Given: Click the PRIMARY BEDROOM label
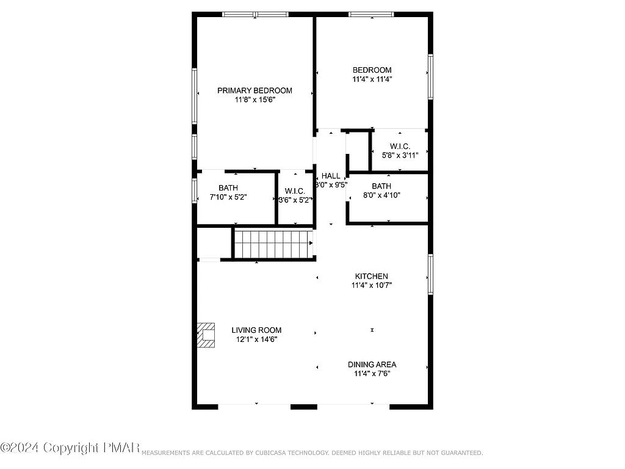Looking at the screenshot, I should coord(255,90).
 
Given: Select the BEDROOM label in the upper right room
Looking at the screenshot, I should coord(372,70).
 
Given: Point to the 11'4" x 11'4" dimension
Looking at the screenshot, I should coord(372,79).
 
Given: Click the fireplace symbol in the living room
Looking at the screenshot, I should coord(207,335).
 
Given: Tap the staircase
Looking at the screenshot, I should coord(273,244).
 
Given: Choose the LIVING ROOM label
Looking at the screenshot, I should coord(256,330).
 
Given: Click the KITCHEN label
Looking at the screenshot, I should coord(372,276).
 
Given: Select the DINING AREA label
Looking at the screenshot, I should coord(372,365).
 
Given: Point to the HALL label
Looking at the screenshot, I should coord(331,176).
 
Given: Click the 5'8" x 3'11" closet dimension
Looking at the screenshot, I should coord(400,155).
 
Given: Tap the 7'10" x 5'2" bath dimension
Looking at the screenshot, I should coord(228,197).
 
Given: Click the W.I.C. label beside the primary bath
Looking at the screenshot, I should coord(295,191).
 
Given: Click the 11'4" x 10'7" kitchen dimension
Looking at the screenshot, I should coord(372,285).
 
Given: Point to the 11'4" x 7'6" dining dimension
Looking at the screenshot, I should coord(372,373).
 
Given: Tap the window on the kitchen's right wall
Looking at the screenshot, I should coord(430,275).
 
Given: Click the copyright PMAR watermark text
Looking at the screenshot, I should coord(71,448).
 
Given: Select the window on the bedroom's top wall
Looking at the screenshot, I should coord(371,14).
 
